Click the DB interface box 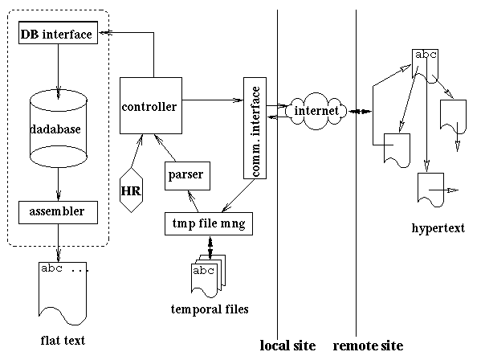click(x=59, y=32)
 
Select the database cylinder click(x=59, y=129)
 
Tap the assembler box click(x=59, y=212)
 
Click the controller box click(x=151, y=105)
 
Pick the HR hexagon click(x=132, y=190)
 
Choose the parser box click(x=187, y=176)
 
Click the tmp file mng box click(x=209, y=223)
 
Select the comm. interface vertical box click(x=255, y=128)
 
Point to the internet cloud click(x=316, y=111)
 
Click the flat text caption click(x=63, y=341)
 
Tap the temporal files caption click(x=210, y=309)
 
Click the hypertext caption click(x=438, y=228)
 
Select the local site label click(x=287, y=346)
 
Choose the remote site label click(x=368, y=346)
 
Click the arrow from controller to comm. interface click(x=213, y=100)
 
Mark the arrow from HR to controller click(x=137, y=151)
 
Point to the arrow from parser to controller click(x=165, y=148)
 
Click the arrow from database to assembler click(x=59, y=185)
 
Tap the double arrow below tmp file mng click(x=210, y=247)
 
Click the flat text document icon click(x=63, y=293)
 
